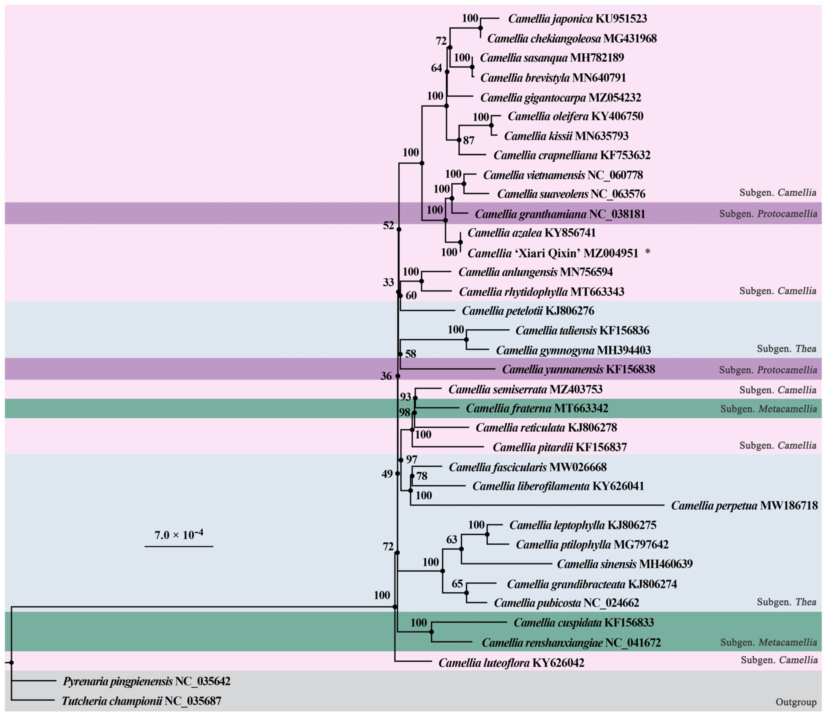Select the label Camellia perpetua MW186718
(744, 506)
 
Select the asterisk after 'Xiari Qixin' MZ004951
(648, 253)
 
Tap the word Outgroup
(795, 702)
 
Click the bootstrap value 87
(469, 140)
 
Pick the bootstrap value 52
(388, 225)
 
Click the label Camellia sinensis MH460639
(624, 564)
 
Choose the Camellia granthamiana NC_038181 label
(560, 214)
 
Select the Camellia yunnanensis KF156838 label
(578, 369)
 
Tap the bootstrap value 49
(387, 474)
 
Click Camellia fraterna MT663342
(536, 408)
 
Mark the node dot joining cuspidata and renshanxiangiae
(432, 632)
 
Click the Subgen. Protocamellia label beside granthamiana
(767, 213)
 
